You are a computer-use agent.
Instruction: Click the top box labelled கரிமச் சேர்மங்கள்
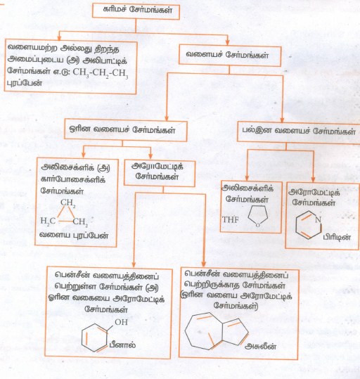point(136,11)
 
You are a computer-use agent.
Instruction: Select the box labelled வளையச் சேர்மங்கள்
point(230,56)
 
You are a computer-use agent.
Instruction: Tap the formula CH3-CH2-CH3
point(101,72)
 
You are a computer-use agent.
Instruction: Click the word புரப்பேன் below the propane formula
point(24,83)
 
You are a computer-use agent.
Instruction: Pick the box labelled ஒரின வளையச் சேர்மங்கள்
point(125,130)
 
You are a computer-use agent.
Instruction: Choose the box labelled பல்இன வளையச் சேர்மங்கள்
point(299,132)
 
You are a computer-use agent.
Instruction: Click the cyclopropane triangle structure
point(66,214)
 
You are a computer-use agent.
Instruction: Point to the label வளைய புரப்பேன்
point(74,236)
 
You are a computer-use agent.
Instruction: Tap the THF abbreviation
point(230,219)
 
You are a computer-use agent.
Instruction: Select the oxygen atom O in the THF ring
point(258,225)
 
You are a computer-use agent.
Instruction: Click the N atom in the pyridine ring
point(318,219)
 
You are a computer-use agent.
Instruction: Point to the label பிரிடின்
point(337,237)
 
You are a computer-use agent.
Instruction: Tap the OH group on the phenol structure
point(121,322)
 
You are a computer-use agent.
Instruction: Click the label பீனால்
point(122,345)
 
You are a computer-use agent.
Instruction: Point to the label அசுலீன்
point(261,347)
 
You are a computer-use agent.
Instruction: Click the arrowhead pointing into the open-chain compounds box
point(59,38)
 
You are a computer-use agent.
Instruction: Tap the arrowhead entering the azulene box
point(203,264)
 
